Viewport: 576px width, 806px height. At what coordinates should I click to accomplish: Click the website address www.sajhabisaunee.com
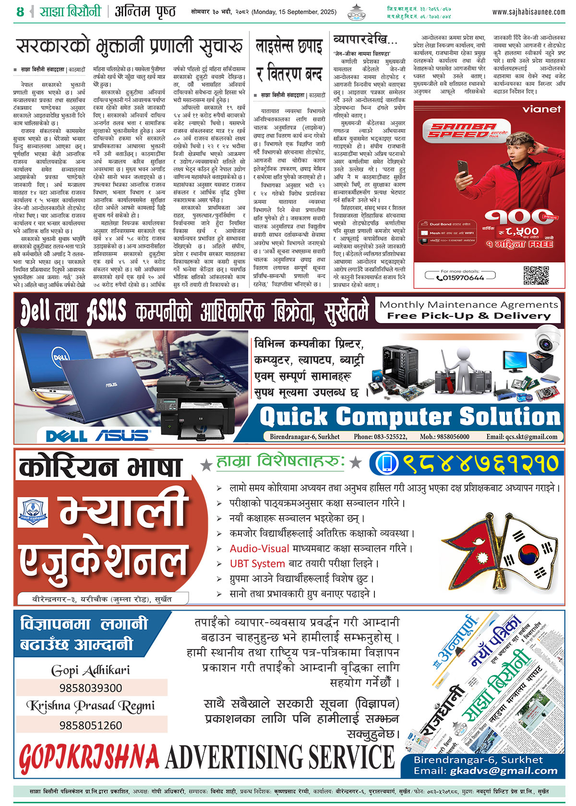coord(528,12)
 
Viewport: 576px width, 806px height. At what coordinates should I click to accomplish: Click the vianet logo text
coord(541,109)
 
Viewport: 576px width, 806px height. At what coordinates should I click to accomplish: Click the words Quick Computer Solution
coord(410,417)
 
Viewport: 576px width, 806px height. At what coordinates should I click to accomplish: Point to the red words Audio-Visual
coord(259,548)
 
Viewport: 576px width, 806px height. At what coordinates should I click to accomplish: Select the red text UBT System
coord(257,564)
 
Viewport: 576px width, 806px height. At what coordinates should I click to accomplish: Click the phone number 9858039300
coord(91,688)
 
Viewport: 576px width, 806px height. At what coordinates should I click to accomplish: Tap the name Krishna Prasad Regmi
coord(91,706)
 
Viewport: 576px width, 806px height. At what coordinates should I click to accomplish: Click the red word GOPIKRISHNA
coord(89,758)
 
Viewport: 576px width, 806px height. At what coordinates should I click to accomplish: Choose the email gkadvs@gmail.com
coord(504,771)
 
